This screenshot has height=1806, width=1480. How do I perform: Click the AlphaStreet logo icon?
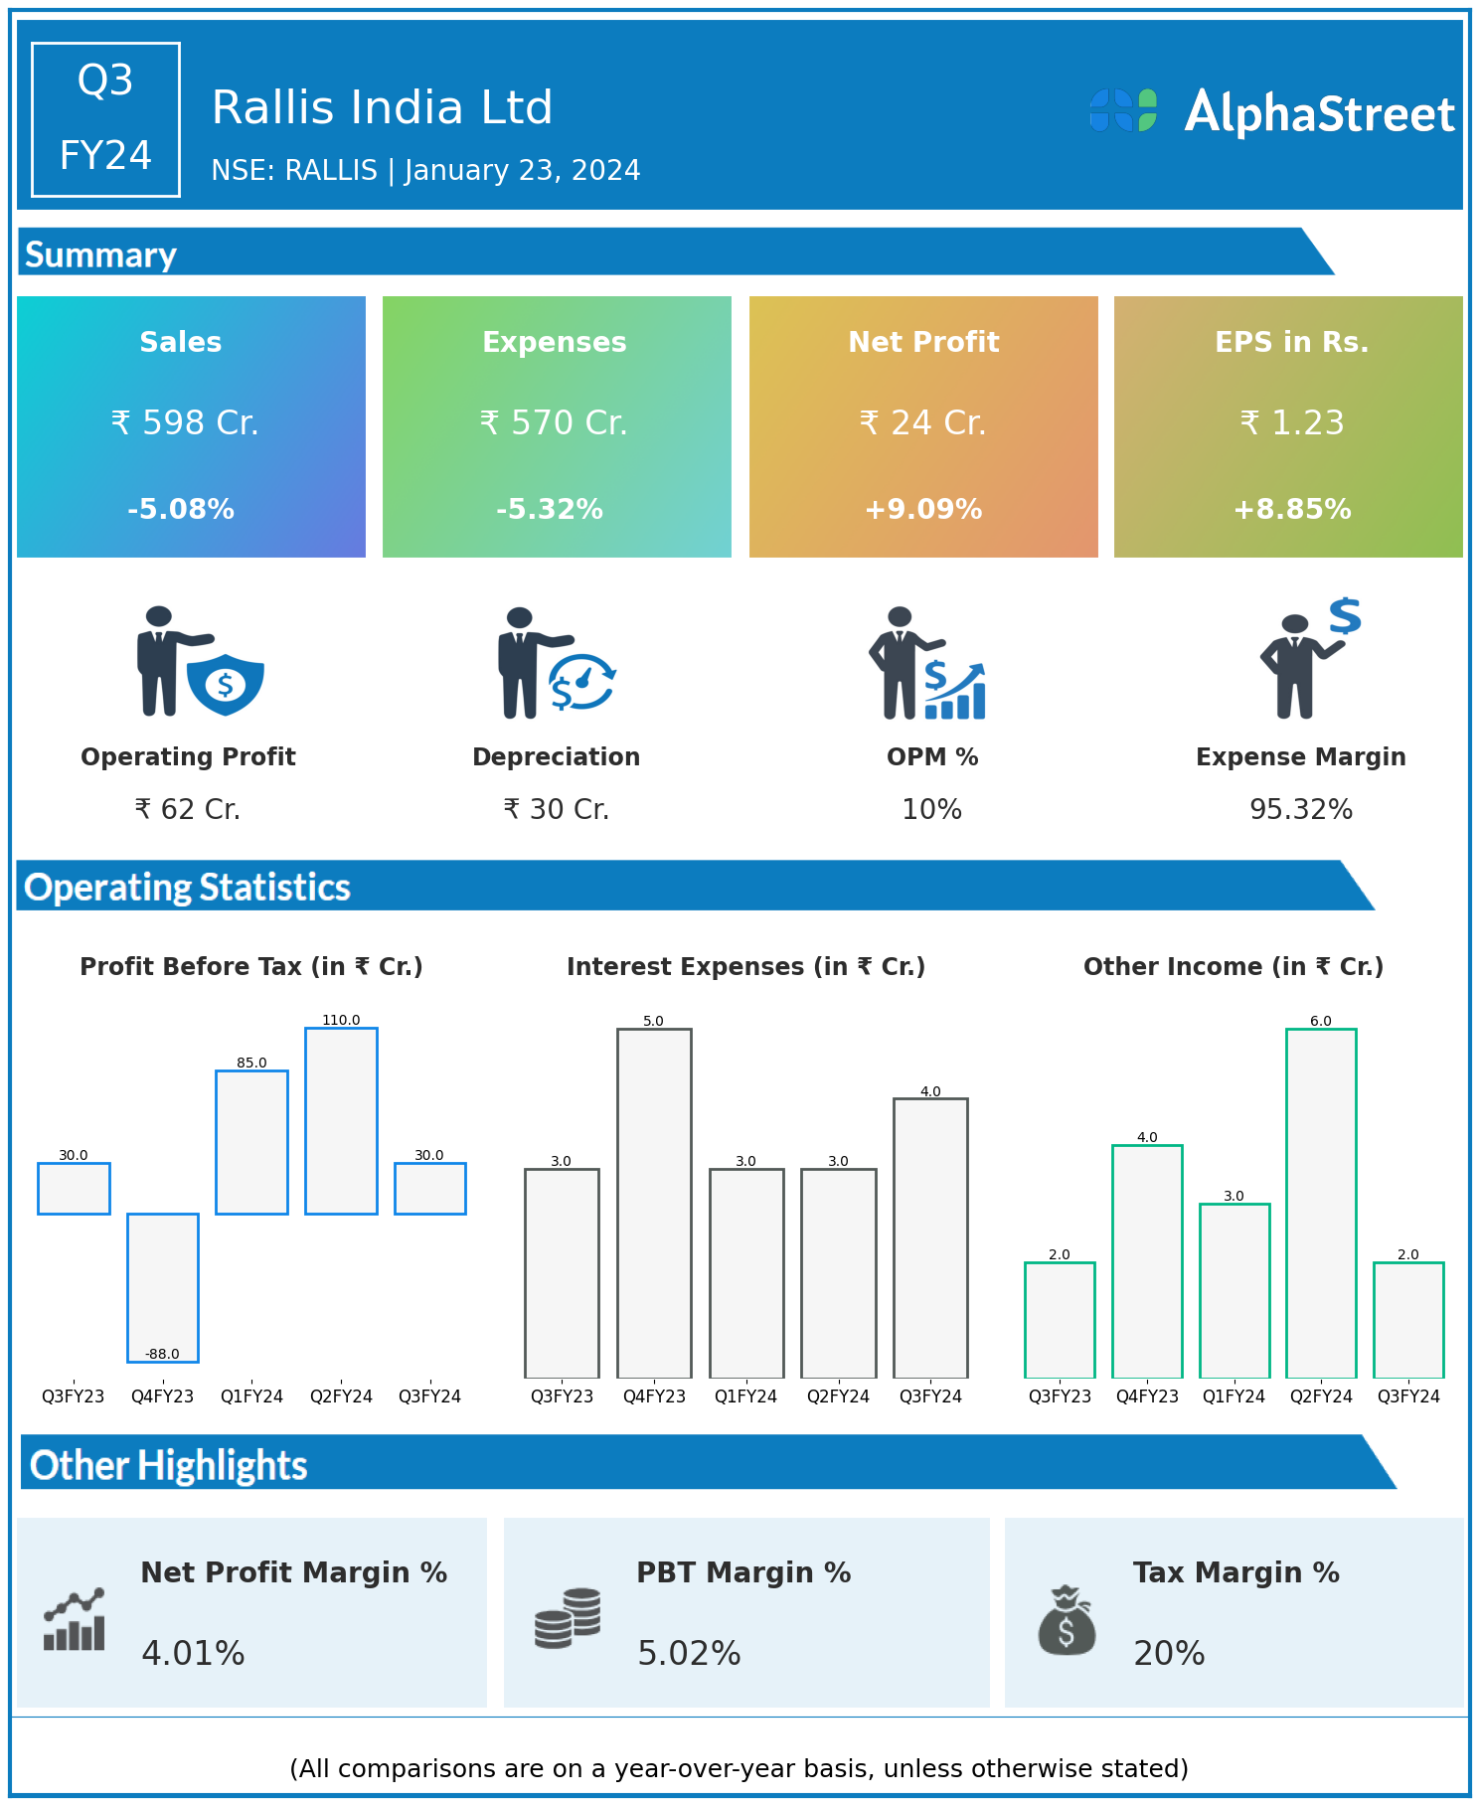(1123, 110)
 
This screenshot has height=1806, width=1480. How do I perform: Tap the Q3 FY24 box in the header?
(105, 119)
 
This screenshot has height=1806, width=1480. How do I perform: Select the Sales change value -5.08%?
(181, 509)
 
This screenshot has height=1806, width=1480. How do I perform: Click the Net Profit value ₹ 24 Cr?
(922, 423)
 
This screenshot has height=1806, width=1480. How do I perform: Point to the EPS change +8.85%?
(1291, 509)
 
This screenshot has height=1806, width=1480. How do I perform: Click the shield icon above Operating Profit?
(226, 684)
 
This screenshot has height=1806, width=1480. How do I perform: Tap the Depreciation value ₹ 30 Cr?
(556, 809)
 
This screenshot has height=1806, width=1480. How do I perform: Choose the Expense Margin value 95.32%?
(1300, 809)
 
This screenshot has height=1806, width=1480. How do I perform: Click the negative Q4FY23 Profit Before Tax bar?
(163, 1287)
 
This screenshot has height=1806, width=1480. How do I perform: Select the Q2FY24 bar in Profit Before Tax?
(341, 1121)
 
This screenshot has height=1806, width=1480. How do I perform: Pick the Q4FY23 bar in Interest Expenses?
(654, 1203)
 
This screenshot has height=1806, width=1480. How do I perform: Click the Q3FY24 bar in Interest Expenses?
(930, 1237)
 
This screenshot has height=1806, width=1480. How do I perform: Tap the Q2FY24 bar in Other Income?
(1321, 1203)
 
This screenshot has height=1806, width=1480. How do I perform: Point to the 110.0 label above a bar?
(341, 1020)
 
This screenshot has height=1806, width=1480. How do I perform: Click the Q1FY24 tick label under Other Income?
(1233, 1396)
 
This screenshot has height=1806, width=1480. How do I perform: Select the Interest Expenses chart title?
(745, 966)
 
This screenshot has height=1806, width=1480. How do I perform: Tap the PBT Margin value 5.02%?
(689, 1653)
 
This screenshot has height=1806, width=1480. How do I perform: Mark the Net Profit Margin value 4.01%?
(193, 1653)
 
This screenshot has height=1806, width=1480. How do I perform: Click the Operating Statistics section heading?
(188, 887)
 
